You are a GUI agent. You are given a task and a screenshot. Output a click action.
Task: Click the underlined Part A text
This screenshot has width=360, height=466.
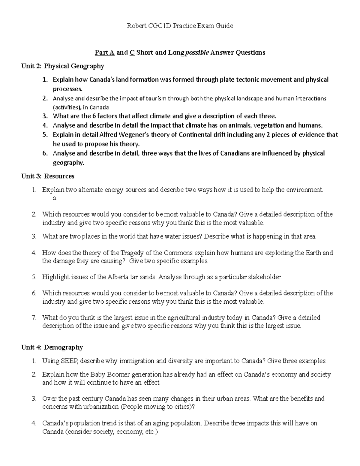coord(105,53)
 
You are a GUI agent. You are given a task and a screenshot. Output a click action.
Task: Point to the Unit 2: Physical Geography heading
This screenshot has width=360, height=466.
coord(62,66)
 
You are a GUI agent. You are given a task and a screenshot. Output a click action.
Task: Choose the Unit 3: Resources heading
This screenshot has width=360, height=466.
coord(48,176)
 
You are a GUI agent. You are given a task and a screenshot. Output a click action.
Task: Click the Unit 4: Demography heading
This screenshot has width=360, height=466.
coord(52,347)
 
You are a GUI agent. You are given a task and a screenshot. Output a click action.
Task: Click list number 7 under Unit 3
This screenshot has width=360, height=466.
coord(34,317)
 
